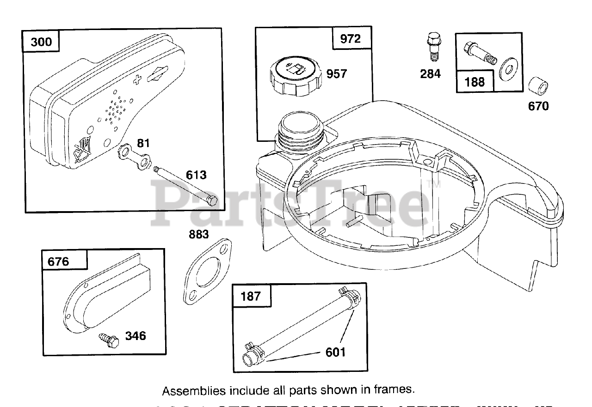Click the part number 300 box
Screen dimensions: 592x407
(41, 43)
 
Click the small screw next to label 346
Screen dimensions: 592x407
(107, 340)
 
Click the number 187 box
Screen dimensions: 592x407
(251, 296)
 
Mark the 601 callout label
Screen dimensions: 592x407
(335, 352)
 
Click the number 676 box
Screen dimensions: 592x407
(58, 261)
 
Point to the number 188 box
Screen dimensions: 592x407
(475, 82)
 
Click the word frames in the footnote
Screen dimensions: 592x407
(395, 389)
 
